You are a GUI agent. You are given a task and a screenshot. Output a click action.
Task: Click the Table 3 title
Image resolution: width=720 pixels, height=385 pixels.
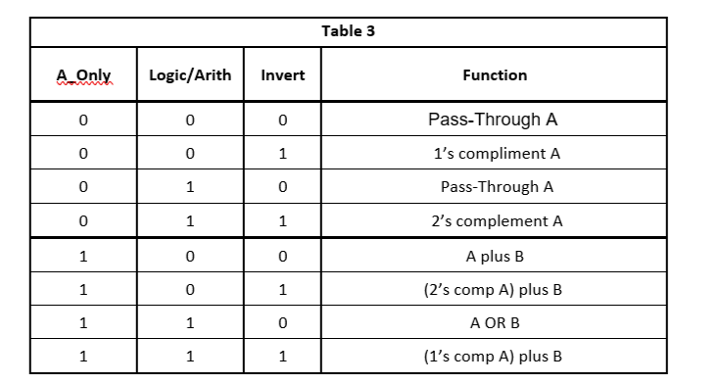coord(348,31)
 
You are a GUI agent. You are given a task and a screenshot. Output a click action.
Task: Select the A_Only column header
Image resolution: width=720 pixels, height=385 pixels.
coord(83,74)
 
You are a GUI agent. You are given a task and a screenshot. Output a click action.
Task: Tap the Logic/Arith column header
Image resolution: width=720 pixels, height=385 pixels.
coord(190,74)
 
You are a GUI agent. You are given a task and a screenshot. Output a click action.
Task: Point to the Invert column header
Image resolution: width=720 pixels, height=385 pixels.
coord(282,74)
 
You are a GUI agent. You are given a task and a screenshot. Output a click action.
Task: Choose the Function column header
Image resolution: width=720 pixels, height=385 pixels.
coord(495,74)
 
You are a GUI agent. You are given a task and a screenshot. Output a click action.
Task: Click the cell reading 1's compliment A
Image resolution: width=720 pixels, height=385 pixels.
coord(496,154)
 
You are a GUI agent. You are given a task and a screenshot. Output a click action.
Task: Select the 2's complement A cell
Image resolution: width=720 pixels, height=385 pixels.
coord(497,221)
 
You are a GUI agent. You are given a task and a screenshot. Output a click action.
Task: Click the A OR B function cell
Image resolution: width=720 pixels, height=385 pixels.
coord(496,322)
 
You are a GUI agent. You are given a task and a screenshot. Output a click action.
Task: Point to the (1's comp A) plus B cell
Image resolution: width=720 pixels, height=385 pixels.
coord(496,357)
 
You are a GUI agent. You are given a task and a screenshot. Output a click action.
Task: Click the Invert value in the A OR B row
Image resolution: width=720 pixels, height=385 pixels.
coord(282,322)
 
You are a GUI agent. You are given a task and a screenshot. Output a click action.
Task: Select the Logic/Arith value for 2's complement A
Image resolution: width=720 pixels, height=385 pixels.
coord(190,221)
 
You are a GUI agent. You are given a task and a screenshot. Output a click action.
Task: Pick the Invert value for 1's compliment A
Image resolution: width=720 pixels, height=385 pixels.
coord(282,154)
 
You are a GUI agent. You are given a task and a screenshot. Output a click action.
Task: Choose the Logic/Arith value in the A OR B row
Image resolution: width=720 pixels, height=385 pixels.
coord(190,322)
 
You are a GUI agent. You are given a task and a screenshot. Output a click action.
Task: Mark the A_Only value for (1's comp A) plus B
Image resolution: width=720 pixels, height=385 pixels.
coord(83,357)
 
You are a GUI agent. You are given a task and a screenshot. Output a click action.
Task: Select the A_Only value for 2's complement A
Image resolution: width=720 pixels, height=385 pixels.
coord(83,221)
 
